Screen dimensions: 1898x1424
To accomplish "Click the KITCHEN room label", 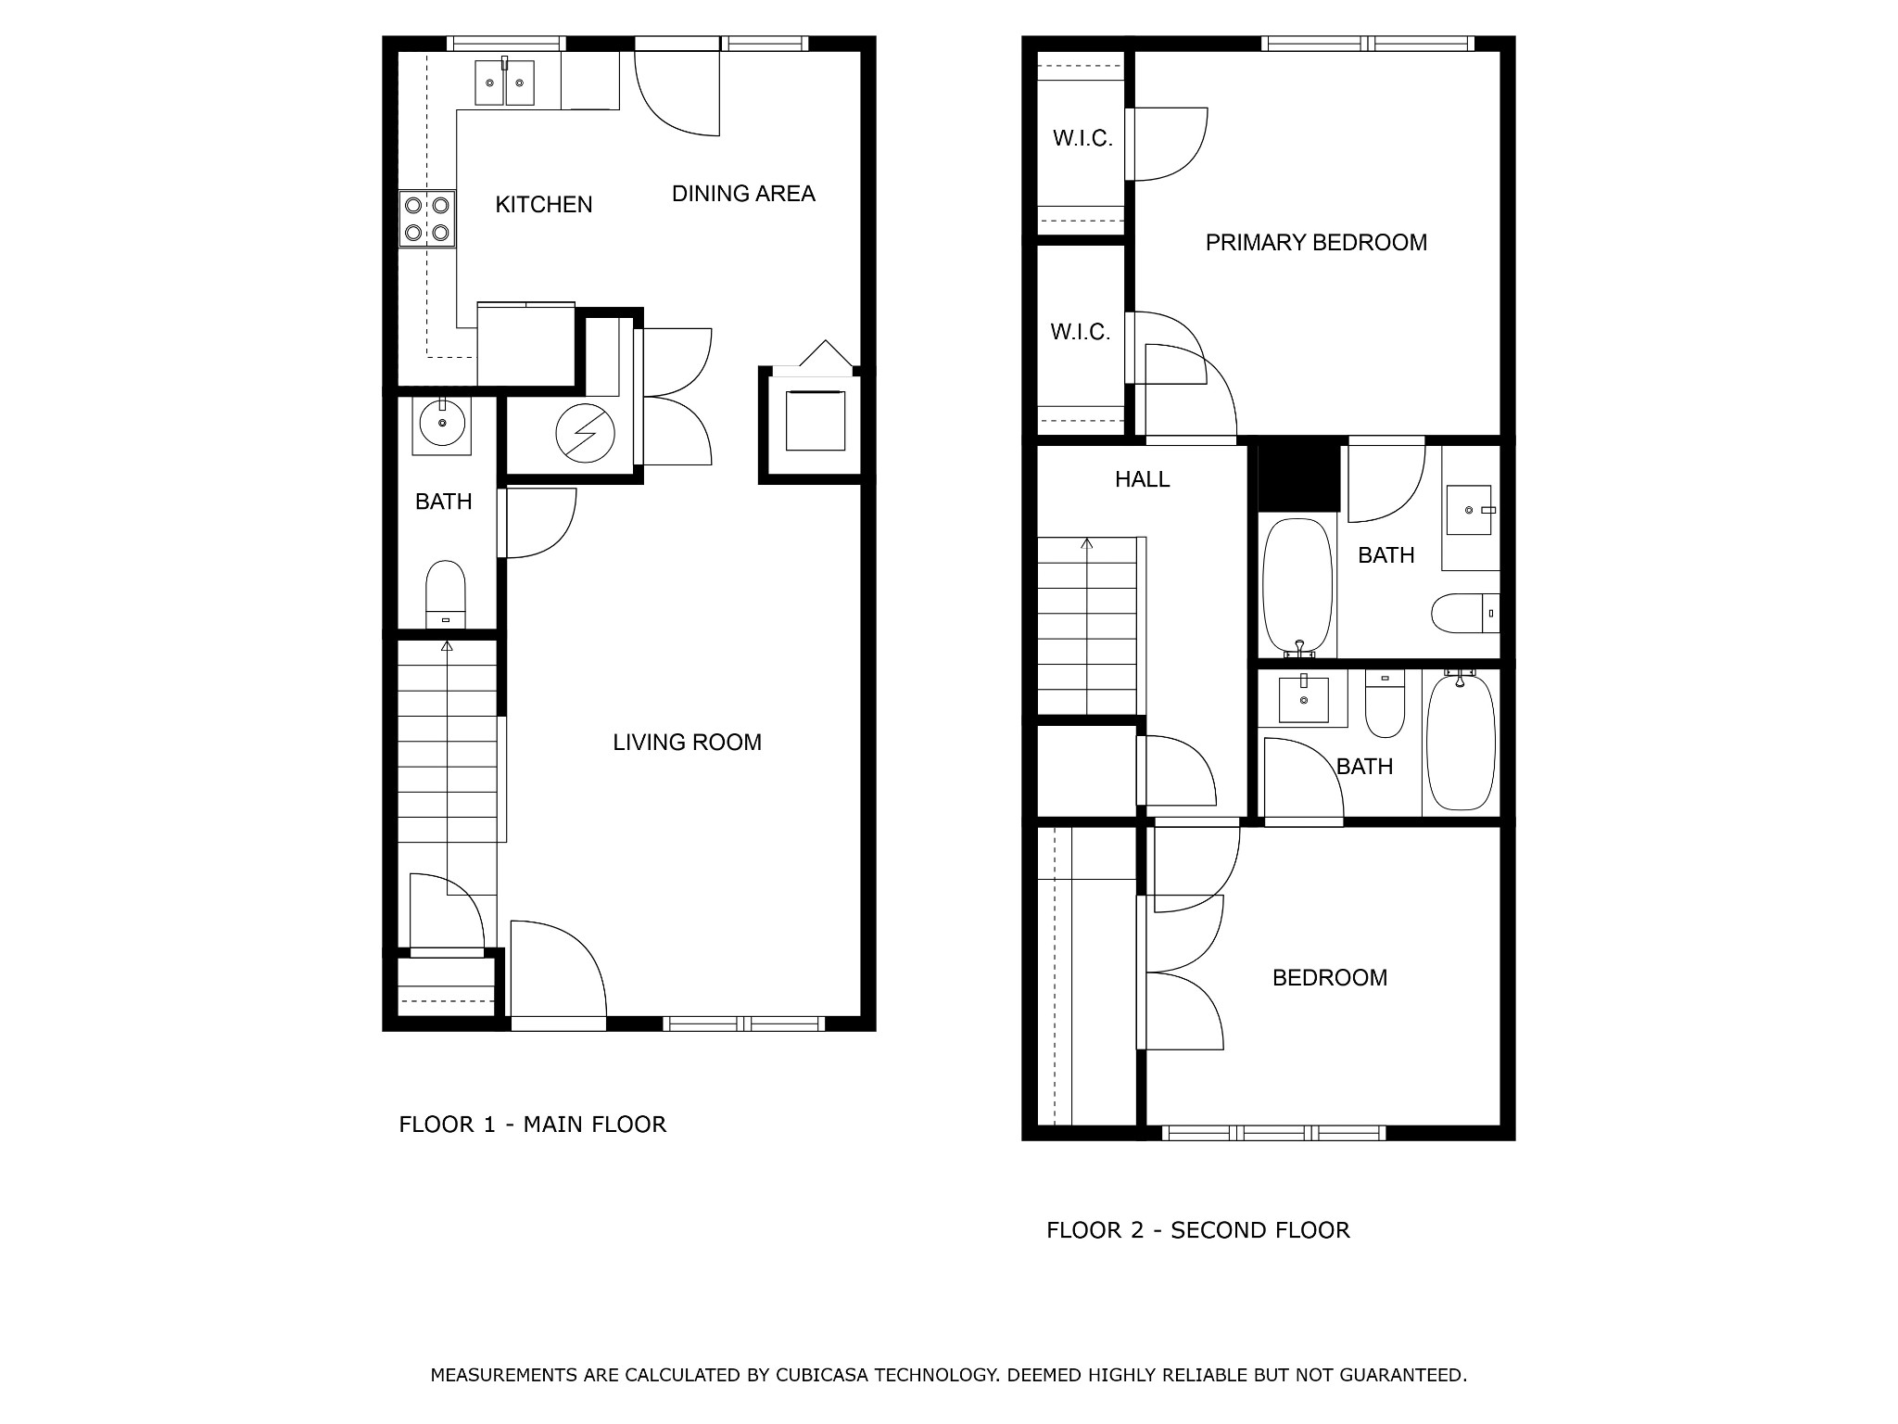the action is [544, 205].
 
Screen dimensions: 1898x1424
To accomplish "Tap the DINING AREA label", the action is [743, 194].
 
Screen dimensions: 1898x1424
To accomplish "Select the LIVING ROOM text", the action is [687, 742].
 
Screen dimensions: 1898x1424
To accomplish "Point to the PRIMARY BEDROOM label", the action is [1316, 243].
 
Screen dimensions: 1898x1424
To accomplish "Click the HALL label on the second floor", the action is [1142, 479].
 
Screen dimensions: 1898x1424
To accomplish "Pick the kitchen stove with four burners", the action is [427, 219].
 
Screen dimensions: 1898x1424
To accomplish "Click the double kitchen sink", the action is [505, 82].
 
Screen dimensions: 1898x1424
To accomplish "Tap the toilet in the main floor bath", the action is [446, 594].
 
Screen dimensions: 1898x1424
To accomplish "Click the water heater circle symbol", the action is [585, 433].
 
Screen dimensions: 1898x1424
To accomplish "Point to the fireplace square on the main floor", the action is [816, 420].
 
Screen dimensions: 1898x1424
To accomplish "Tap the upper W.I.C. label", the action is [1082, 139].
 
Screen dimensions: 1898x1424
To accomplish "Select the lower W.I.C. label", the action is [1081, 332].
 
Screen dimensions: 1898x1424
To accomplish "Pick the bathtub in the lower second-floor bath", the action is [1461, 742].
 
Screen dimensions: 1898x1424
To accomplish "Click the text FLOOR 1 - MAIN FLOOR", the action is [533, 1125].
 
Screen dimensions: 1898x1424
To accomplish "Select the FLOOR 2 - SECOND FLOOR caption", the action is [1198, 1230].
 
